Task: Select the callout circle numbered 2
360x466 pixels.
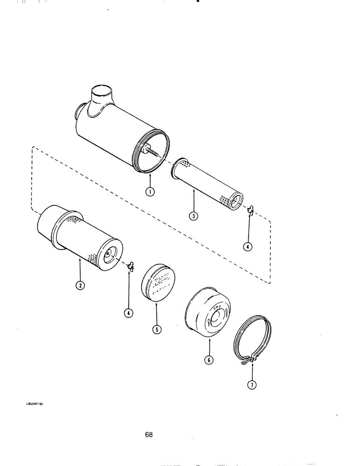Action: [x=80, y=286]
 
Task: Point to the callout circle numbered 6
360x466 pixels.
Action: [x=209, y=360]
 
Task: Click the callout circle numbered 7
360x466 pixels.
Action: [x=252, y=385]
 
